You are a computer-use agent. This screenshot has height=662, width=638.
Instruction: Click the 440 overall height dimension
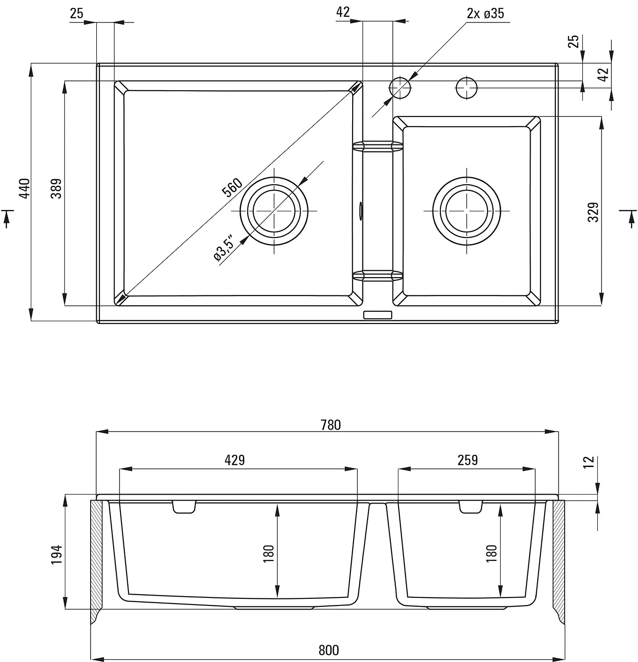(x=25, y=188)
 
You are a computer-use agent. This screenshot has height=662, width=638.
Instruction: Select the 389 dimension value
(x=57, y=188)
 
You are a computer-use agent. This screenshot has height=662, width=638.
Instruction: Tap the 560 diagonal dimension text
(x=232, y=187)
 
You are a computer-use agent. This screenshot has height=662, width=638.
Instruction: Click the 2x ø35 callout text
(x=485, y=13)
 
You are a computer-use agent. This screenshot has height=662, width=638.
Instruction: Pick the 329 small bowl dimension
(x=593, y=212)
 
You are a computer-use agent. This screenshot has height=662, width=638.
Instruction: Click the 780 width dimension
(x=330, y=425)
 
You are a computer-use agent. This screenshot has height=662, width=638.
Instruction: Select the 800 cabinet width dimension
(x=329, y=650)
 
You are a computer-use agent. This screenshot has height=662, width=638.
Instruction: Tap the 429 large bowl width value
(x=234, y=460)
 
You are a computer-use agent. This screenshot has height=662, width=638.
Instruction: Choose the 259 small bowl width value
(x=468, y=460)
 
